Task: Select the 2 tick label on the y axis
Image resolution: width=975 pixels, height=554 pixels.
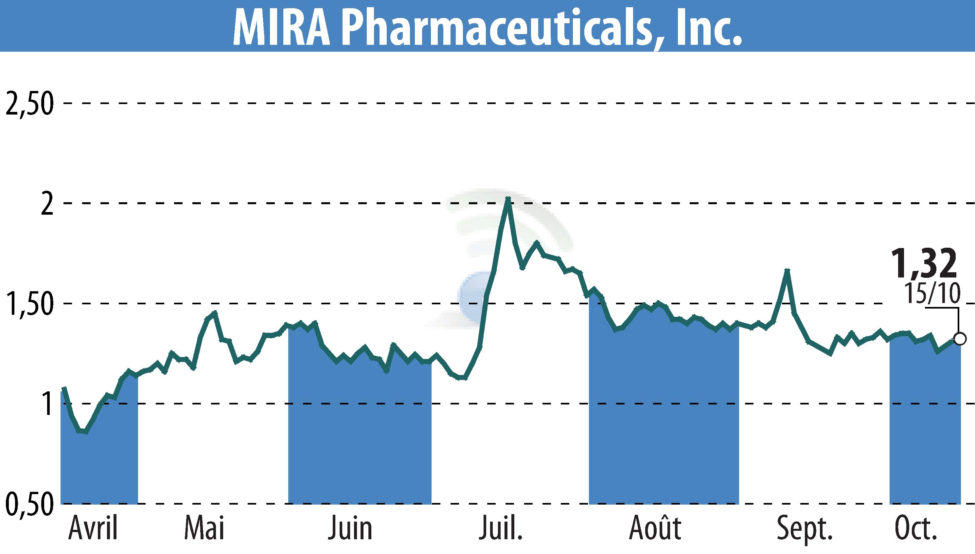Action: pos(46,204)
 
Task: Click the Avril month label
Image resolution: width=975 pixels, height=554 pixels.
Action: pos(93,528)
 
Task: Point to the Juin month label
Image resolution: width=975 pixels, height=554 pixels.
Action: pos(350,528)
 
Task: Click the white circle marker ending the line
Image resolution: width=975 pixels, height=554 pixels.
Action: pos(960,338)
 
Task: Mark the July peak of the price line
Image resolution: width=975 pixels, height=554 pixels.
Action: pos(508,199)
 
